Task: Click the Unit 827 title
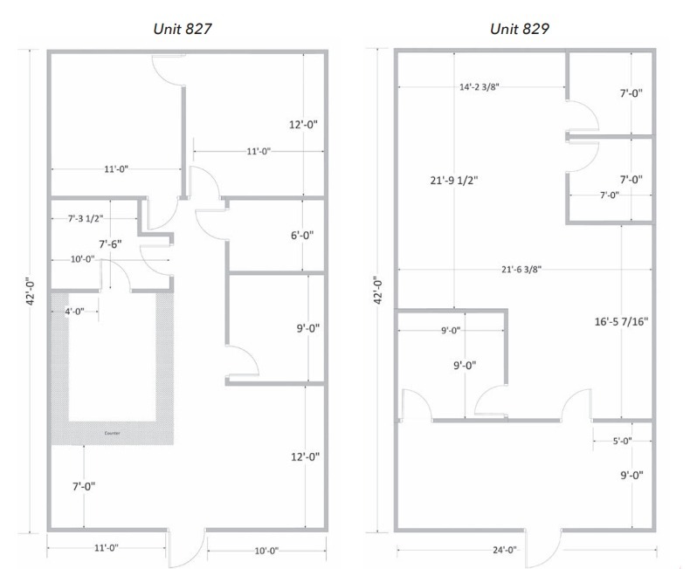pos(181,29)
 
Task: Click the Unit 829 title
pos(519,29)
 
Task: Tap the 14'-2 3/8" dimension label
pos(483,87)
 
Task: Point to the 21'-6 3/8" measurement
pos(522,270)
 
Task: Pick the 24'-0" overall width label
pos(499,550)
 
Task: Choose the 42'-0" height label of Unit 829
pos(377,291)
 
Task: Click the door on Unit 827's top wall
pos(169,71)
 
